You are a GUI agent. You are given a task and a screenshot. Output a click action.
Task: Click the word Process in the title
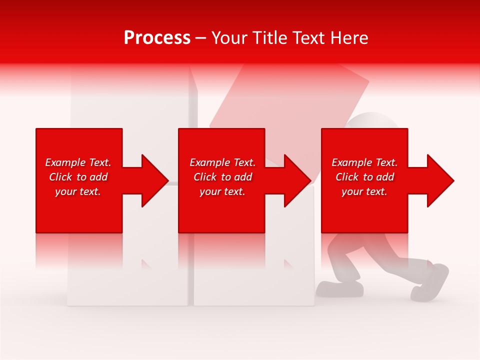click(157, 38)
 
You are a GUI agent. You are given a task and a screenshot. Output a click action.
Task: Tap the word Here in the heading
click(348, 38)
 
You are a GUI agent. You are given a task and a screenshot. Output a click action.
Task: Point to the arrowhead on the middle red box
click(296, 180)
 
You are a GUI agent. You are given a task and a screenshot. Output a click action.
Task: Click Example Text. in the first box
click(78, 162)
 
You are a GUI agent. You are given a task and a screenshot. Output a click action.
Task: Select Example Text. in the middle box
click(222, 162)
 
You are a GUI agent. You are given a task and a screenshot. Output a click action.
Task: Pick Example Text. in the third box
click(364, 162)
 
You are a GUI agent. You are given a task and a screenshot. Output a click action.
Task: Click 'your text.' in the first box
click(78, 191)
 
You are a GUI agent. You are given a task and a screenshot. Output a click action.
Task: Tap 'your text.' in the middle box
click(222, 191)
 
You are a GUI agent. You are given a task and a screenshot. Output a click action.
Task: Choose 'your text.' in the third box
click(364, 191)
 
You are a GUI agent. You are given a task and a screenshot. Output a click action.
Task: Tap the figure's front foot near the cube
click(340, 288)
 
